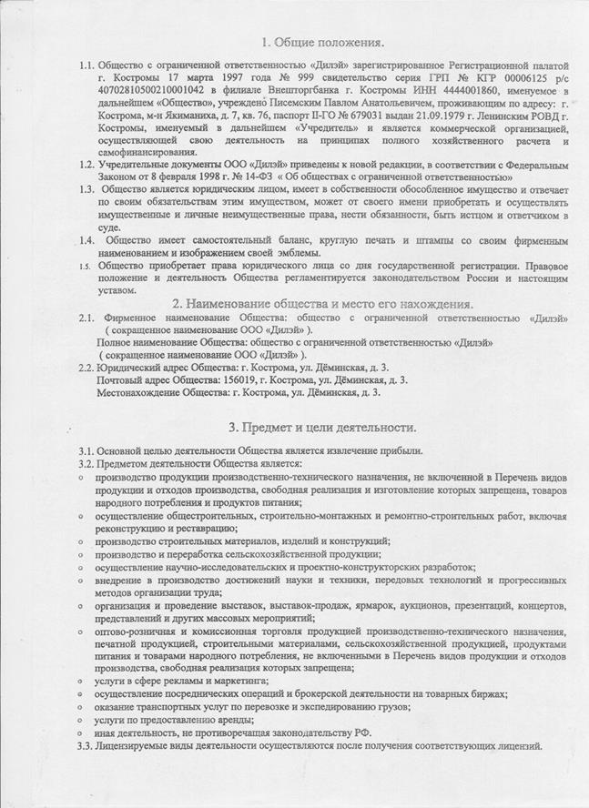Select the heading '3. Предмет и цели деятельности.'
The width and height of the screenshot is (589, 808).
point(322,426)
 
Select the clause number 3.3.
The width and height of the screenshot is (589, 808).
point(86,746)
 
